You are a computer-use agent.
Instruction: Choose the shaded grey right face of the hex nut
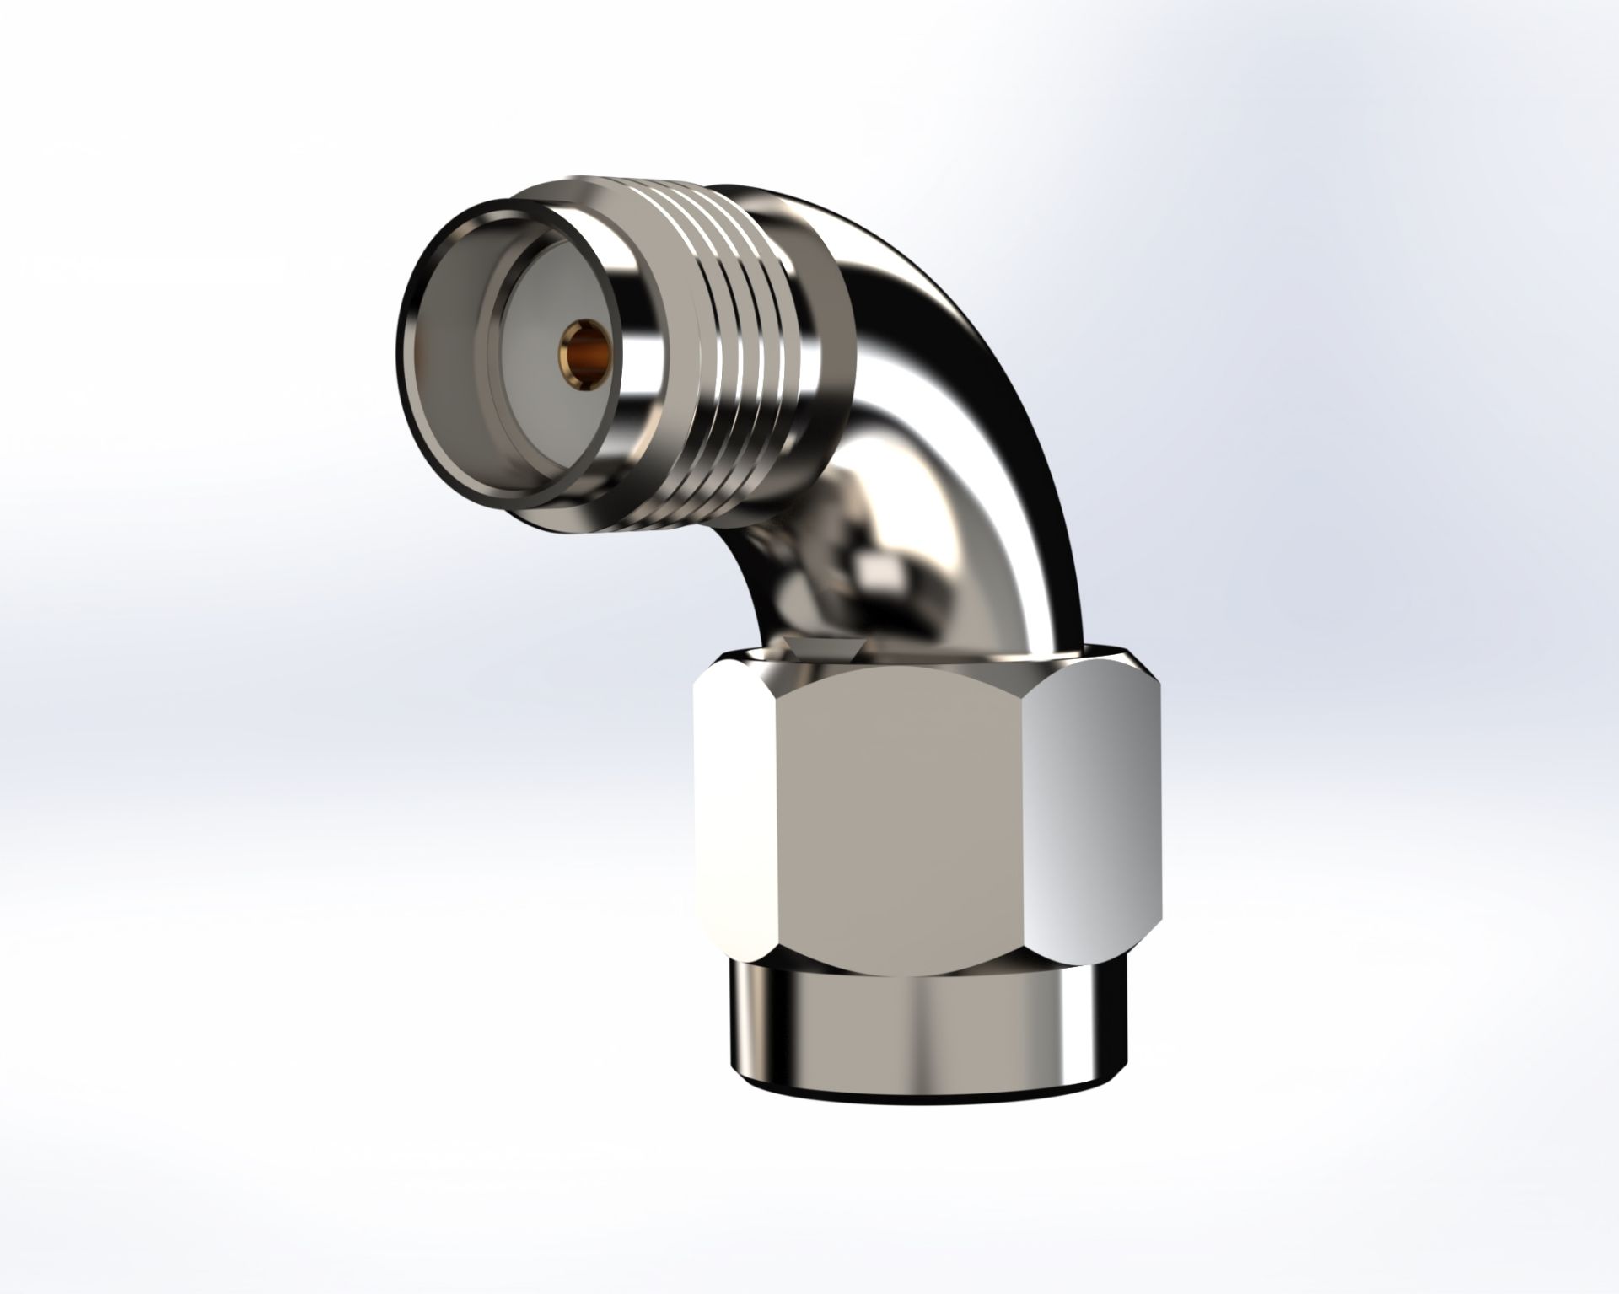coord(1088,809)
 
